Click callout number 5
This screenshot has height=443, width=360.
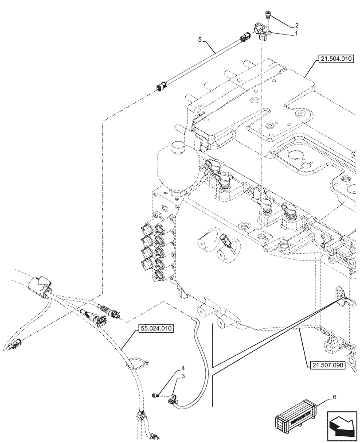(x=200, y=39)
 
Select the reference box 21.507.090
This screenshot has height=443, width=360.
(x=325, y=365)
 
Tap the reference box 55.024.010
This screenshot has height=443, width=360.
(x=156, y=329)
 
